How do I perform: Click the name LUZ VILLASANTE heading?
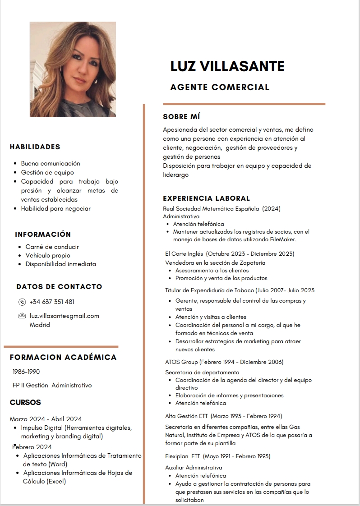pyautogui.click(x=227, y=67)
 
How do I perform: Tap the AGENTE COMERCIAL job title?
pyautogui.click(x=220, y=87)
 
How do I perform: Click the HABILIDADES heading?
pyautogui.click(x=35, y=147)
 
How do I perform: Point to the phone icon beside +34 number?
pyautogui.click(x=22, y=302)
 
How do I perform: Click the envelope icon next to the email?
pyautogui.click(x=22, y=316)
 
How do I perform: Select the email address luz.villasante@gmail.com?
pyautogui.click(x=64, y=316)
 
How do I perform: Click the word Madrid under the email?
pyautogui.click(x=40, y=325)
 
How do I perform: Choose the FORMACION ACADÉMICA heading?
pyautogui.click(x=63, y=358)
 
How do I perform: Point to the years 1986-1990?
pyautogui.click(x=26, y=372)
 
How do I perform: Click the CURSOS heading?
pyautogui.click(x=25, y=402)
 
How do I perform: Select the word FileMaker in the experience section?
pyautogui.click(x=283, y=239)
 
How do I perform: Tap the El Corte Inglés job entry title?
pyautogui.click(x=230, y=254)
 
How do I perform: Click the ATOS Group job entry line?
pyautogui.click(x=224, y=362)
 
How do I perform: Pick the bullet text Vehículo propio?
pyautogui.click(x=48, y=255)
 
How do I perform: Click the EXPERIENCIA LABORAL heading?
pyautogui.click(x=206, y=198)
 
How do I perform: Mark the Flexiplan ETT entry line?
pyautogui.click(x=218, y=456)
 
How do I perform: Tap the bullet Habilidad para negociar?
pyautogui.click(x=56, y=209)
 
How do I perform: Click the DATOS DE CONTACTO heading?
pyautogui.click(x=59, y=287)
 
